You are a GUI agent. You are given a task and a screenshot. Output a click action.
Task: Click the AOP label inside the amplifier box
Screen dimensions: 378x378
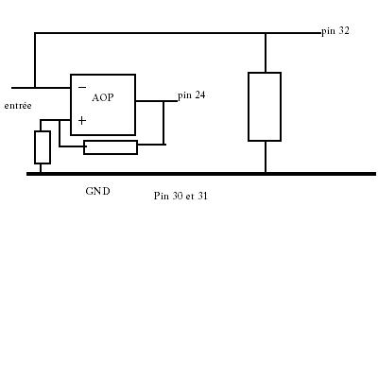(x=103, y=97)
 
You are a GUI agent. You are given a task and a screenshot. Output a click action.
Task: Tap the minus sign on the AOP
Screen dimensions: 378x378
(x=82, y=87)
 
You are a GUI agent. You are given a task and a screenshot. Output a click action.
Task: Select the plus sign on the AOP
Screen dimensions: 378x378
(x=82, y=121)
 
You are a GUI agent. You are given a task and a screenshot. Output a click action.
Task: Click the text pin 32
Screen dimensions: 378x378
(x=335, y=31)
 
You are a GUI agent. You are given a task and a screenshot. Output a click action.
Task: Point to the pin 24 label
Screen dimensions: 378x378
(x=192, y=95)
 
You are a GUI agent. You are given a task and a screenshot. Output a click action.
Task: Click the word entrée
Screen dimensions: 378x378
(x=18, y=106)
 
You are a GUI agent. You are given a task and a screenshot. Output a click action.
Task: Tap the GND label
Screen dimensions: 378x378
(x=97, y=191)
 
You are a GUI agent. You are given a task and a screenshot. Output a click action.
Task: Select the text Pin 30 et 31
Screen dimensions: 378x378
(x=180, y=196)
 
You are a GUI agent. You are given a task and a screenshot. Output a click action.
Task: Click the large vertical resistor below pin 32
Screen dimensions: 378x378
(x=265, y=107)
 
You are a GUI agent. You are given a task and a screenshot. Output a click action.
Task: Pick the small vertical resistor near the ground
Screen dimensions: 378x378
(x=43, y=147)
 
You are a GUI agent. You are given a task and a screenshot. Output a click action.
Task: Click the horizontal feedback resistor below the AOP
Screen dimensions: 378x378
(x=111, y=147)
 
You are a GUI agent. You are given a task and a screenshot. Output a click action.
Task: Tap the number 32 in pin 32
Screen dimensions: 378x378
(x=344, y=31)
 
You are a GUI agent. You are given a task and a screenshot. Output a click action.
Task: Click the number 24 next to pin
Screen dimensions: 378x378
(x=200, y=94)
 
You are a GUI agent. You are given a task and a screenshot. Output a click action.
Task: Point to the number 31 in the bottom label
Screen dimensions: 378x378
(x=203, y=196)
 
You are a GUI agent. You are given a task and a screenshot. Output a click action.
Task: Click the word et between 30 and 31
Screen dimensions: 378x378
(x=190, y=197)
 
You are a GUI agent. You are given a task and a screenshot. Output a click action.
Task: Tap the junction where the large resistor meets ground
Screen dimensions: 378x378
(x=266, y=173)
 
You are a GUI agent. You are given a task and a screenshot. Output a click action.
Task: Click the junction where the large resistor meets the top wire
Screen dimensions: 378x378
(x=266, y=33)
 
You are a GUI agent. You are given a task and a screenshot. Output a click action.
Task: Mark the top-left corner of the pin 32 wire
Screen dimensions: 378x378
(x=35, y=33)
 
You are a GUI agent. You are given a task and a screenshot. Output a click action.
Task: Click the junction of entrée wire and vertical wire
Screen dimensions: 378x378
(x=35, y=88)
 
